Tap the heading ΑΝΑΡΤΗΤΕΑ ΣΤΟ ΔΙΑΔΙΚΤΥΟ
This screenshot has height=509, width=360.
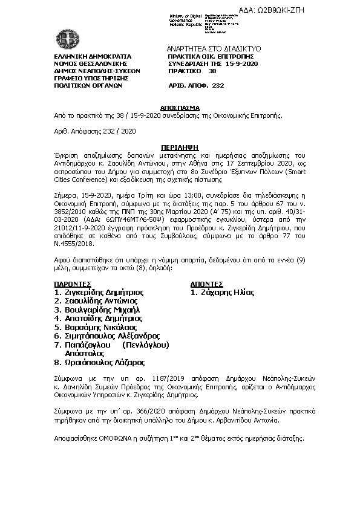(x=213, y=48)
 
